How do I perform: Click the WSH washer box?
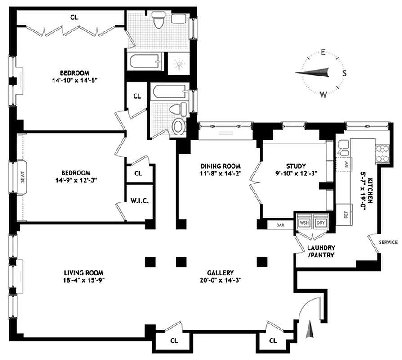point(304,223)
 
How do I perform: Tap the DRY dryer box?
point(320,223)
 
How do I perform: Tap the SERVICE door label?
point(388,242)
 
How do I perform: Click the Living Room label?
point(83,273)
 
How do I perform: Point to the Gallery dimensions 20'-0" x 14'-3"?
point(220,280)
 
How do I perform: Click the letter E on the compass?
point(323,52)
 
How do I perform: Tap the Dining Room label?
point(220,166)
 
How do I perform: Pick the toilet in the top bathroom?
point(158,20)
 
